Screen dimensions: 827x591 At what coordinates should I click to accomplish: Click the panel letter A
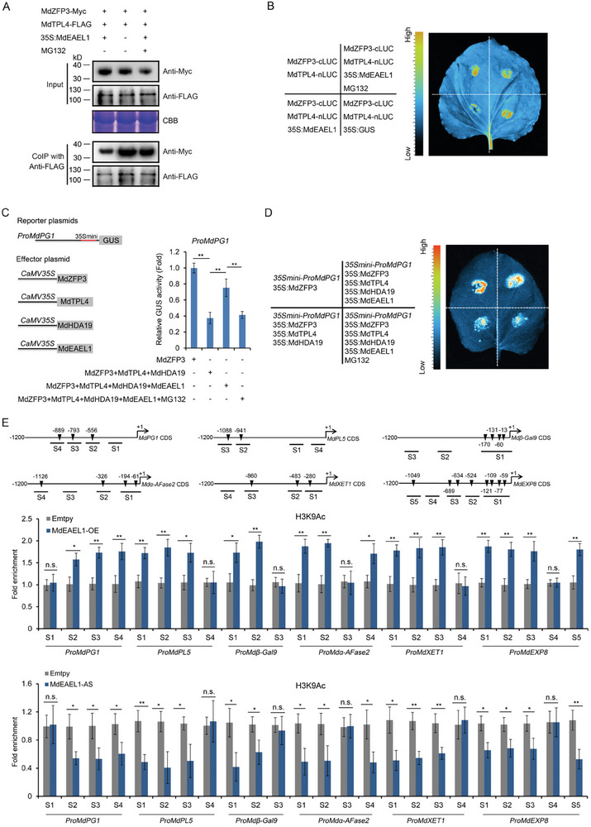[x=7, y=7]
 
